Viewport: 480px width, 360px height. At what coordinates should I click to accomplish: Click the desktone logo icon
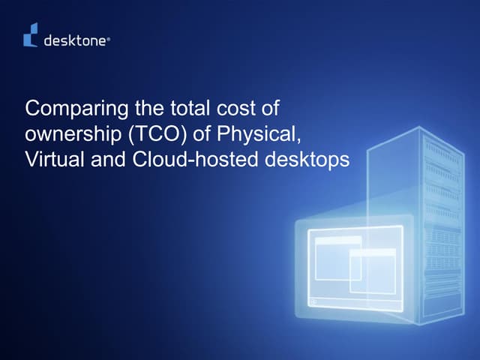pos(31,35)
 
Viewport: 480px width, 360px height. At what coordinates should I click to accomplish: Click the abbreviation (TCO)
pos(159,135)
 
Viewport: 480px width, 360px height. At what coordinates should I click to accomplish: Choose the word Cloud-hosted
pos(181,160)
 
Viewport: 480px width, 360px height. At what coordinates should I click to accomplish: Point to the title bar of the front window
pos(372,253)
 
